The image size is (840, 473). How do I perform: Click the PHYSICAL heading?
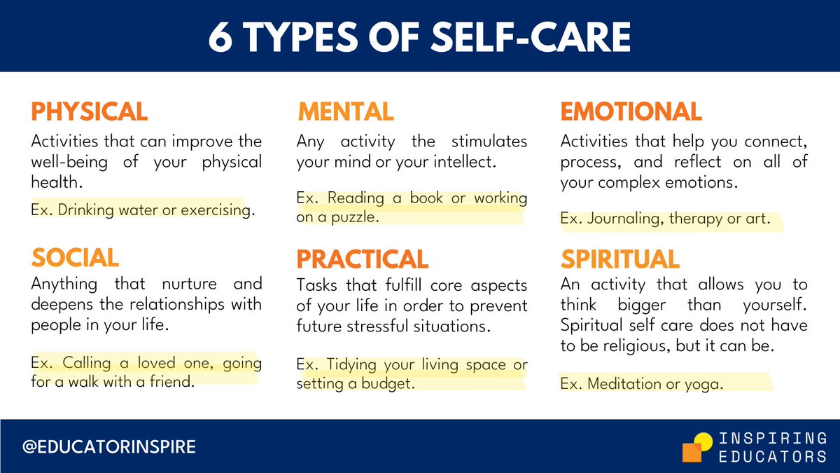[x=89, y=112]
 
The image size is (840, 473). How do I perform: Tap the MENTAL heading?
[x=345, y=112]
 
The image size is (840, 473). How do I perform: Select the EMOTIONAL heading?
[x=631, y=112]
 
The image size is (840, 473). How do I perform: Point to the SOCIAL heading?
[x=75, y=259]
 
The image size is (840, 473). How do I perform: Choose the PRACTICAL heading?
[x=362, y=259]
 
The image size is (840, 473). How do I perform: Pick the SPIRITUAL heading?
[x=619, y=259]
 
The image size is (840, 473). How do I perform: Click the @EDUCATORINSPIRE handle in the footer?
[x=109, y=446]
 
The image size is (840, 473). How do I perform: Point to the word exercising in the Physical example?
[x=215, y=210]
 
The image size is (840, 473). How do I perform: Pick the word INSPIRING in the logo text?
[x=773, y=439]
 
